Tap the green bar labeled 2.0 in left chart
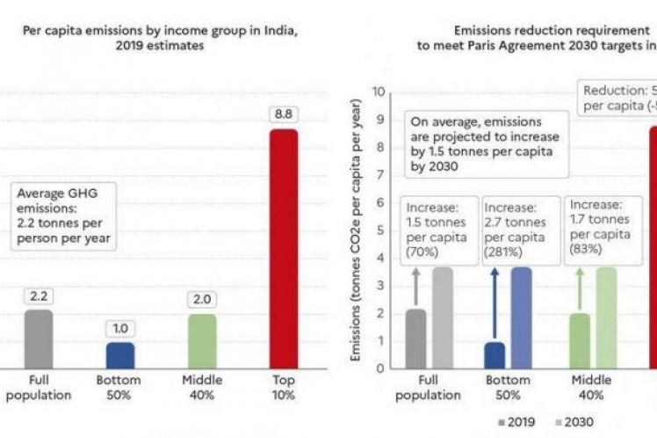pyautogui.click(x=202, y=340)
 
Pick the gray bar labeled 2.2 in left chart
pyautogui.click(x=39, y=339)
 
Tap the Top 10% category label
pyautogui.click(x=283, y=387)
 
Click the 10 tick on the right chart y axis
pyautogui.click(x=379, y=91)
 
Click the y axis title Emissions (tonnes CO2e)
pyautogui.click(x=357, y=230)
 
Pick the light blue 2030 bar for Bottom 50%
pyautogui.click(x=522, y=318)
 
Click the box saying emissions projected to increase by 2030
pyautogui.click(x=480, y=142)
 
